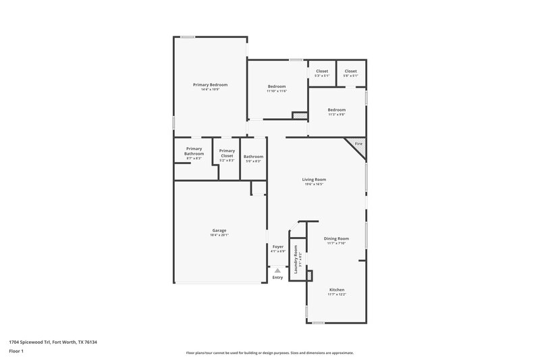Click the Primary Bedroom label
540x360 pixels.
210,84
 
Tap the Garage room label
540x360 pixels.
219,230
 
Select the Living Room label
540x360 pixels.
315,179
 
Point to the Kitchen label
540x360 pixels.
336,289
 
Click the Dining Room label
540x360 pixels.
336,238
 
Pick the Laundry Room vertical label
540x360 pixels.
296,257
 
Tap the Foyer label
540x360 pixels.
278,247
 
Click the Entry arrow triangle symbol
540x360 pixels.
277,269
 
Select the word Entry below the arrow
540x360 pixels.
277,278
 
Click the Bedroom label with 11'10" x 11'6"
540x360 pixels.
277,86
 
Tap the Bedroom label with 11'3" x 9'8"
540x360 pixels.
337,109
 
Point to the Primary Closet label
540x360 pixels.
227,153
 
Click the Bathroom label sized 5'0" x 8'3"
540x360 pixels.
254,157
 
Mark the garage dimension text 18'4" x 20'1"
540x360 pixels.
219,235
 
